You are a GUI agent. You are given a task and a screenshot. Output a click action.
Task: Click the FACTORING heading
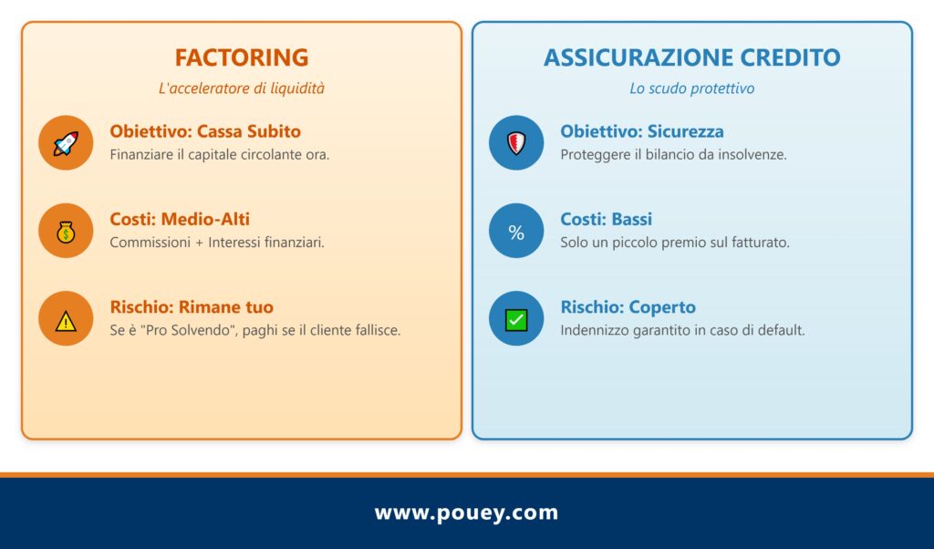click(x=242, y=57)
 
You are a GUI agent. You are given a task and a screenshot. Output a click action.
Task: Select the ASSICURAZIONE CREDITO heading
click(x=691, y=57)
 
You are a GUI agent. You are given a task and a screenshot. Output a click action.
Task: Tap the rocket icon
click(x=66, y=142)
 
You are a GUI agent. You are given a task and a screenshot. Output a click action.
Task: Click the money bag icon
click(x=66, y=231)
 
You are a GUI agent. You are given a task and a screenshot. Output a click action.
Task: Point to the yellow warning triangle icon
click(x=66, y=319)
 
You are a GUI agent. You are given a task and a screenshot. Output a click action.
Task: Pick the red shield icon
click(x=516, y=142)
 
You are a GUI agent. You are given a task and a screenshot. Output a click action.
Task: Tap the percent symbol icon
click(x=516, y=232)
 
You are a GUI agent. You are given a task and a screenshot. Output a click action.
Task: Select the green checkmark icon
click(x=516, y=319)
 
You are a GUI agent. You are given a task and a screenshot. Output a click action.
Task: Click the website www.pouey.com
click(x=466, y=513)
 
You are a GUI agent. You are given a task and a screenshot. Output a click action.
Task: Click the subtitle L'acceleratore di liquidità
click(x=242, y=89)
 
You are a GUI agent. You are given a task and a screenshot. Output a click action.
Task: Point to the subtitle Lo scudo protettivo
click(x=691, y=89)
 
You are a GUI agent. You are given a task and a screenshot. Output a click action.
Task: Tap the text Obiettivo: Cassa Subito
click(x=205, y=131)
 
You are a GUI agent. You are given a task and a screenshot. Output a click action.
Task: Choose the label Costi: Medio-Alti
click(x=180, y=220)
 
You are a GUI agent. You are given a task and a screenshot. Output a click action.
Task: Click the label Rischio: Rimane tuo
click(x=192, y=307)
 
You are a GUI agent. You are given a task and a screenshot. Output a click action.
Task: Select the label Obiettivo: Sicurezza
click(x=642, y=131)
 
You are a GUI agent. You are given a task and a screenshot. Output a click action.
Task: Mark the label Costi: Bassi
click(x=607, y=220)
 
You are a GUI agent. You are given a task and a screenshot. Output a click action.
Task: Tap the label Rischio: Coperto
click(x=628, y=307)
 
